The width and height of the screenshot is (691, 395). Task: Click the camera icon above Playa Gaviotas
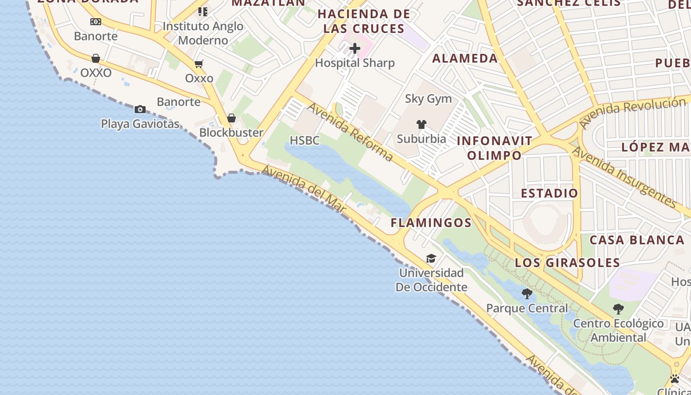point(140,109)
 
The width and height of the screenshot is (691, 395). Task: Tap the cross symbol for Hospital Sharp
point(354,48)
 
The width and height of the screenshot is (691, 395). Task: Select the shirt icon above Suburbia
point(421,124)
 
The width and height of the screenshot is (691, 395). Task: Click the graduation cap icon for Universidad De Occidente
point(431,259)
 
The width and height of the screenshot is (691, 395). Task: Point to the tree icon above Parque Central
point(527,294)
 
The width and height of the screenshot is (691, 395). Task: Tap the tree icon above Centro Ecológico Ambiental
point(618,310)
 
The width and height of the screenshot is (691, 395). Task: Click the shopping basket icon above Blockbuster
point(231,118)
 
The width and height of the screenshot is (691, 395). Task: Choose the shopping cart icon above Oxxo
point(199,64)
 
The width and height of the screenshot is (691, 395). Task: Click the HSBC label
point(305,141)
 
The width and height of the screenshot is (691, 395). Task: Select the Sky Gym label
point(428,99)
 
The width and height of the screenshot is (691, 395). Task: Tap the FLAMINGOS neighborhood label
point(431,223)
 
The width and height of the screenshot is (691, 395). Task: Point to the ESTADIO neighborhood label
point(549,193)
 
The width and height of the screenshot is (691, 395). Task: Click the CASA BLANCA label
point(637,240)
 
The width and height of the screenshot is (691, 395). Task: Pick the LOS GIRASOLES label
point(567,263)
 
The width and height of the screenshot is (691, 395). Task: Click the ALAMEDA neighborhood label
point(465,58)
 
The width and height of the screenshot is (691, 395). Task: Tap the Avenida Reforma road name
point(350,132)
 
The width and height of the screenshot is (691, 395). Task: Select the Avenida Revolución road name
point(633,113)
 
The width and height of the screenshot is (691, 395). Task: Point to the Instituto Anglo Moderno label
point(203,33)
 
